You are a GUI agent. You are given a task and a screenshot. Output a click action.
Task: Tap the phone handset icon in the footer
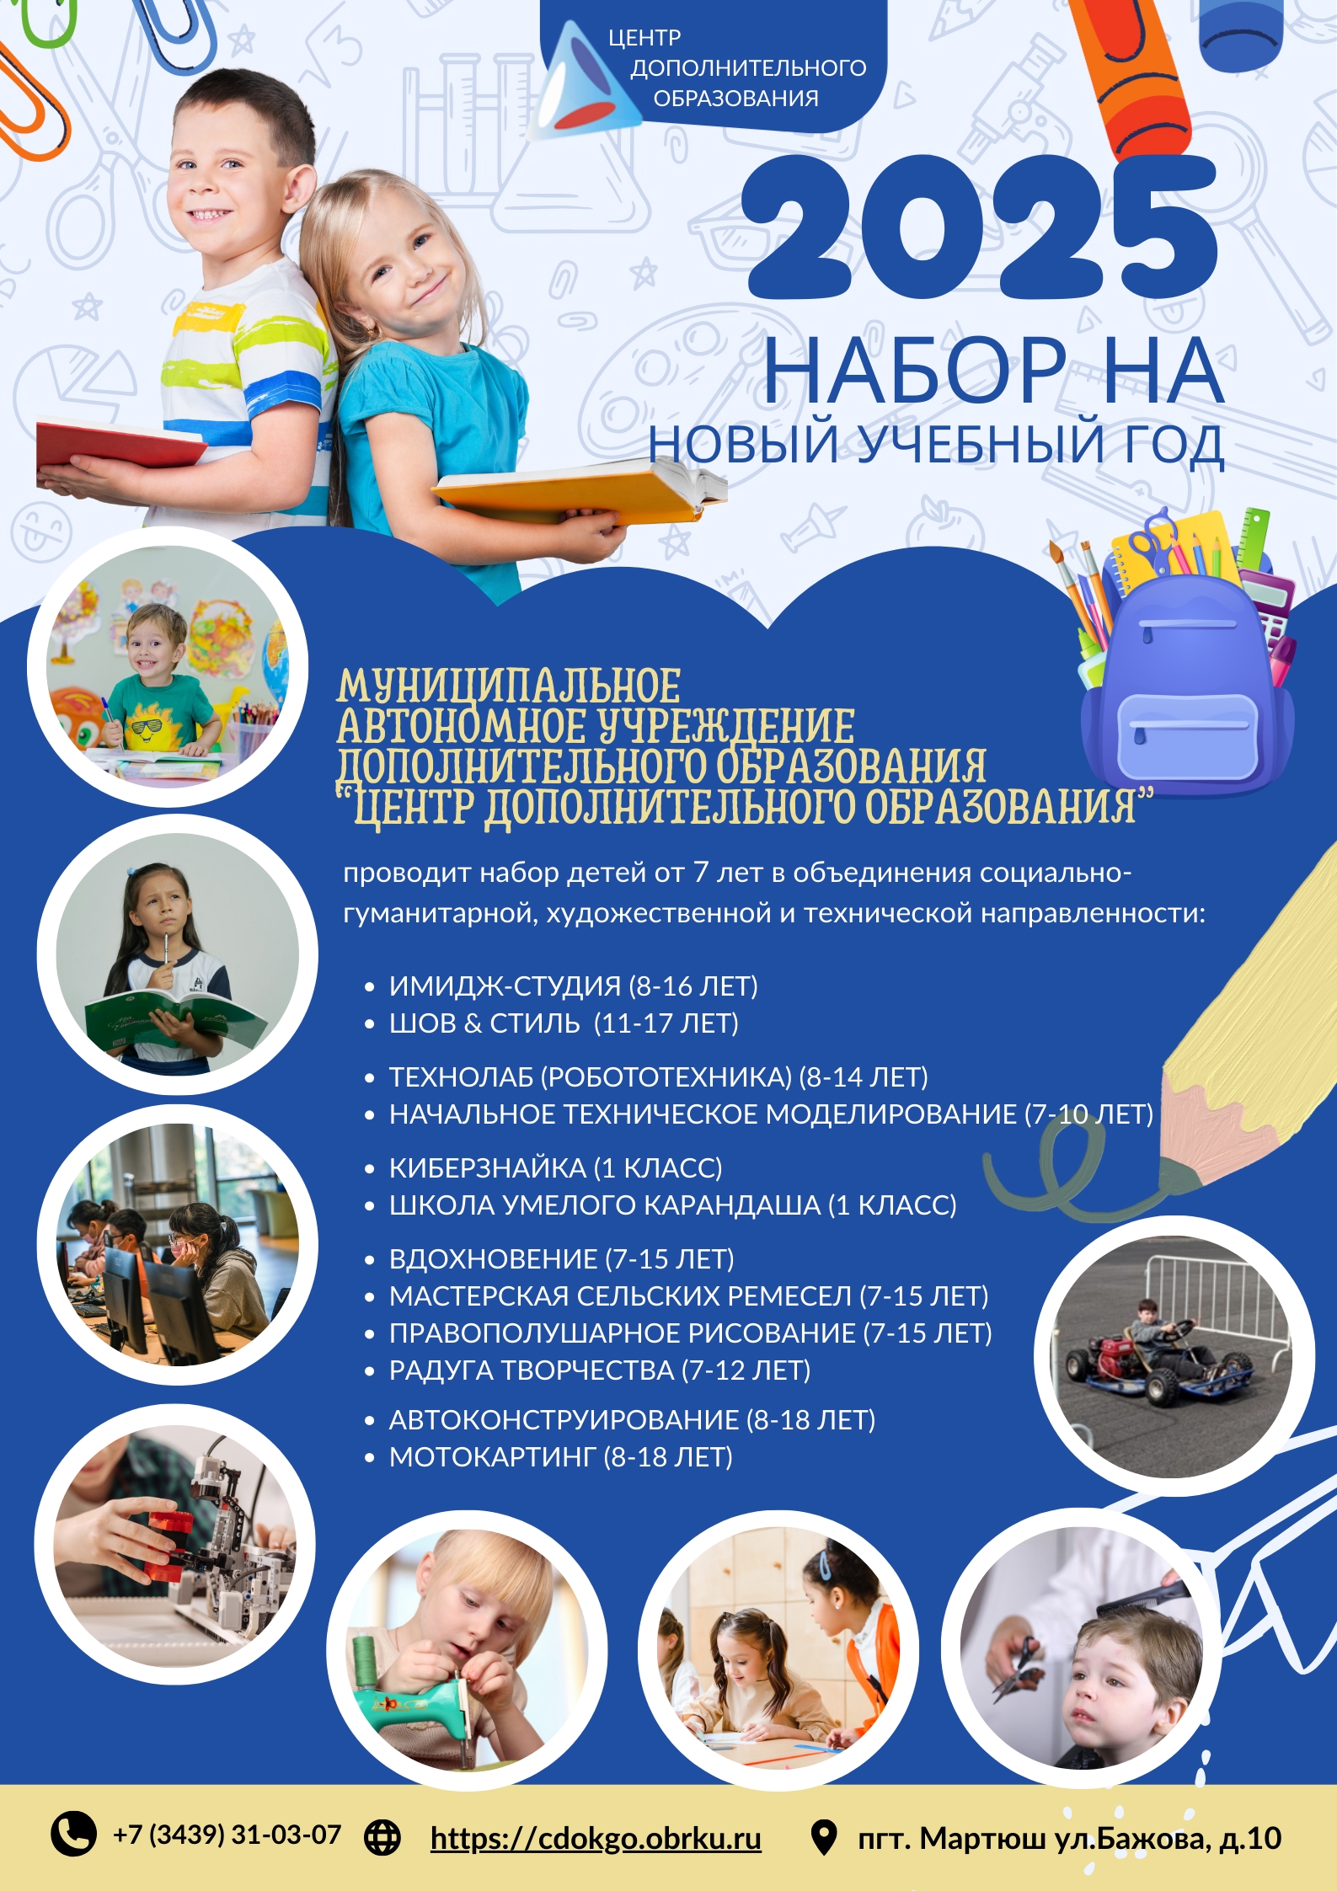click(x=74, y=1833)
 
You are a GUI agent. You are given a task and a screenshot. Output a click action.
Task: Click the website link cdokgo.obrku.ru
click(x=595, y=1837)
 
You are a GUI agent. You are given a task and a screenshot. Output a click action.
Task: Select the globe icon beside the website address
click(x=382, y=1836)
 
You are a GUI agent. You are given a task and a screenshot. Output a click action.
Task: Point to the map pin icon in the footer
click(x=822, y=1837)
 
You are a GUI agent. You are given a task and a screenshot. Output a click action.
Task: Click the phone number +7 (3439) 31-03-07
click(x=227, y=1835)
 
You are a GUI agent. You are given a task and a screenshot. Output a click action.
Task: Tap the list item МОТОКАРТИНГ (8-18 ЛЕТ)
click(x=560, y=1456)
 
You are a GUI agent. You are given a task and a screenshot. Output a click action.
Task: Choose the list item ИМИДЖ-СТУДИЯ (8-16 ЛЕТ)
click(x=573, y=986)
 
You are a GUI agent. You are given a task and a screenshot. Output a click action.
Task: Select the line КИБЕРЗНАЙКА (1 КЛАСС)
click(x=555, y=1167)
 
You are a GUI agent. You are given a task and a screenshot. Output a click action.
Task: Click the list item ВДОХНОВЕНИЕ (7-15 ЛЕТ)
click(x=561, y=1258)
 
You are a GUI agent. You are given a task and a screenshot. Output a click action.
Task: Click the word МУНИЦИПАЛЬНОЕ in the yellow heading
click(x=508, y=686)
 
